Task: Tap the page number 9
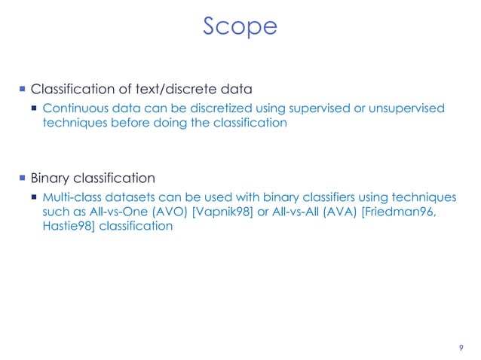[461, 347]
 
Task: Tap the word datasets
[132, 197]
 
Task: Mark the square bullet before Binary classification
[22, 178]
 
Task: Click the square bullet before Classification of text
[22, 90]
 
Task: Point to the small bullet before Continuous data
[35, 109]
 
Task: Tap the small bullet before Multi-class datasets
[35, 197]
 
